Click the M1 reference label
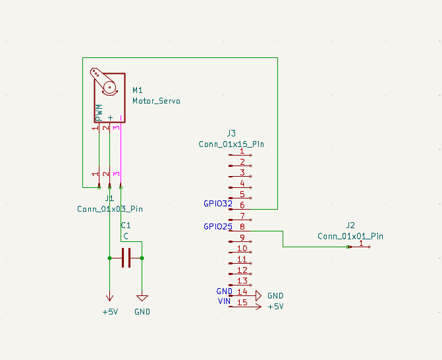tap(138, 90)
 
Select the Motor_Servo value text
tap(157, 101)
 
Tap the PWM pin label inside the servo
tap(99, 113)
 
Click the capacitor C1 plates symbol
tap(126, 258)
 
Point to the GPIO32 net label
tap(218, 204)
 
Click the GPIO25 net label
tap(218, 227)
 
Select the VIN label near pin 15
tap(225, 301)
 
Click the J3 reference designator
tap(231, 133)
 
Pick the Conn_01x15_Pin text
tap(231, 144)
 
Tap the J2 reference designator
tap(350, 225)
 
